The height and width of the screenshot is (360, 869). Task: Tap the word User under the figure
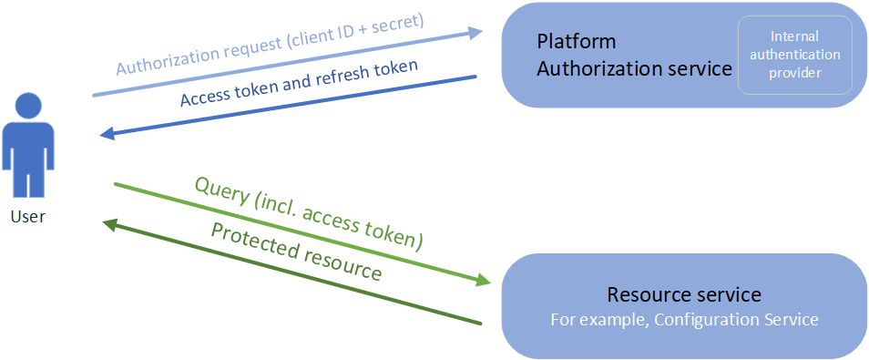(27, 217)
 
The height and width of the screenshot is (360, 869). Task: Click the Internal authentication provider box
(794, 55)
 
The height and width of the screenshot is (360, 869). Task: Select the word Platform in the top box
(576, 42)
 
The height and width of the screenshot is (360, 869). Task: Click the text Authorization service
(634, 67)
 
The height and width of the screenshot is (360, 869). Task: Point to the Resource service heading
(684, 294)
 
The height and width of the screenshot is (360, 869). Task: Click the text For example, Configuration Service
(684, 319)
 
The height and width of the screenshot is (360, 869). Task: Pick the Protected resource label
(295, 251)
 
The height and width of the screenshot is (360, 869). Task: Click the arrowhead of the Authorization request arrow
(475, 33)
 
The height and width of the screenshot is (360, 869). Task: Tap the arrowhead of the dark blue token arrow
(107, 135)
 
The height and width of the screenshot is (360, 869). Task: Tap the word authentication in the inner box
(794, 55)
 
